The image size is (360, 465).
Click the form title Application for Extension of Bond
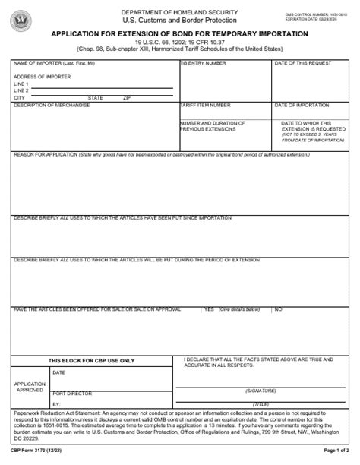179,34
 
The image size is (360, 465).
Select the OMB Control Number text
312,14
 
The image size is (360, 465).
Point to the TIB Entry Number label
203,63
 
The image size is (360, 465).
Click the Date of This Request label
302,63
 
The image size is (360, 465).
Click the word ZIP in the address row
127,98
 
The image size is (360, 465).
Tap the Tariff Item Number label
205,105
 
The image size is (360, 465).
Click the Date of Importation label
301,105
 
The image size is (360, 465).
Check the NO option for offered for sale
278,308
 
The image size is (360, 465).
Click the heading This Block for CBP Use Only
91,360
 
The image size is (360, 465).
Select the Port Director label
72,394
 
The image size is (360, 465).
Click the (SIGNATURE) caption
260,390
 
